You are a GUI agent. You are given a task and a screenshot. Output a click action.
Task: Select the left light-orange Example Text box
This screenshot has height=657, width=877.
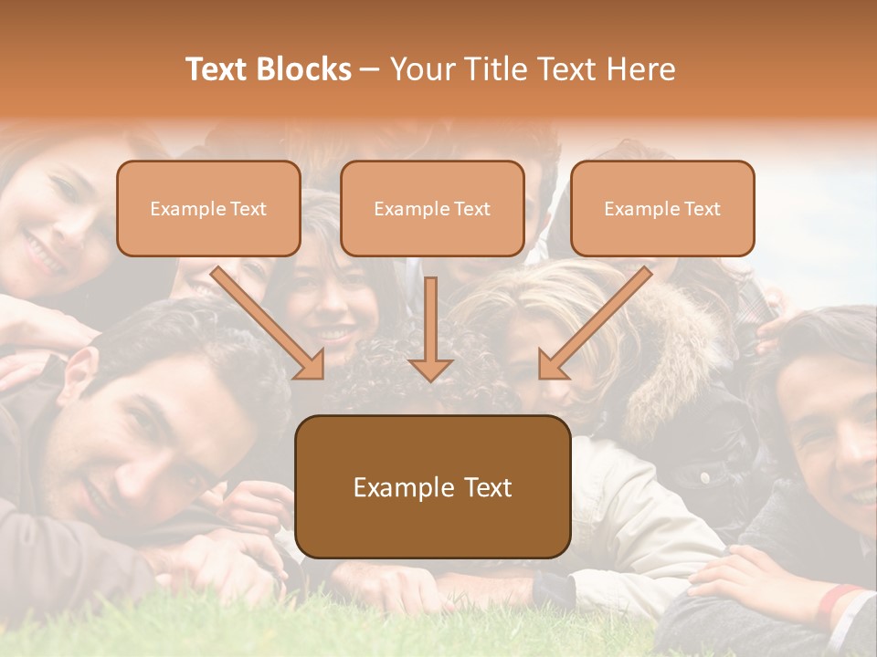[208, 208]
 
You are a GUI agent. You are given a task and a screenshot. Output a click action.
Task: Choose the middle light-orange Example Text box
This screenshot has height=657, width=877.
[432, 208]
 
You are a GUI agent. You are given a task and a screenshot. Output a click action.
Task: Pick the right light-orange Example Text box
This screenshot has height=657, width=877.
[662, 208]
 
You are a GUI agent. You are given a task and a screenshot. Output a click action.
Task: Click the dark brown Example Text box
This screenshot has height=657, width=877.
[432, 486]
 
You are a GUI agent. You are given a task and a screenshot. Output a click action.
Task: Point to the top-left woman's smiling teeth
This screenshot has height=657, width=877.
[40, 250]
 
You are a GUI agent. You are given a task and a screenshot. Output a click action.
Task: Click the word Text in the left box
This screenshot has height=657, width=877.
[248, 209]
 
